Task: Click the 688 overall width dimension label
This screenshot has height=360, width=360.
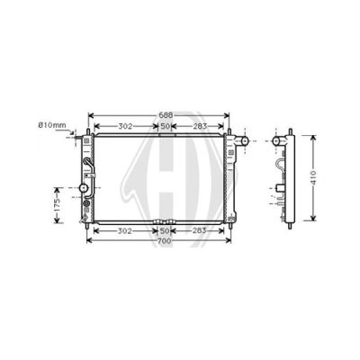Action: coord(166,115)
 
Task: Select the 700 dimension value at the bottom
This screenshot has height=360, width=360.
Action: coord(164,240)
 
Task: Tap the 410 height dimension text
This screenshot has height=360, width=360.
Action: coord(312,178)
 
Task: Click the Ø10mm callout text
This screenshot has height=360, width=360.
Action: coord(52,125)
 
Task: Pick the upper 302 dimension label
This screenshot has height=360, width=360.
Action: coord(125,126)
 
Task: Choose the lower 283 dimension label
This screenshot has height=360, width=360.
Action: coord(199,230)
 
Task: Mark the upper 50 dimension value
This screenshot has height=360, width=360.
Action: coord(166,126)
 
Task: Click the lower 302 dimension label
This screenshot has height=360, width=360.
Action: coord(124,230)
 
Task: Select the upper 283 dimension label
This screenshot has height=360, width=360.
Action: coord(200,126)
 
